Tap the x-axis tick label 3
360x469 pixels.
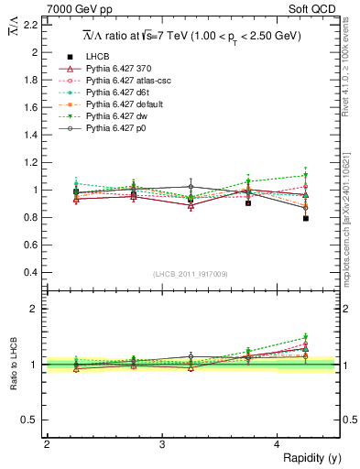point(162,444)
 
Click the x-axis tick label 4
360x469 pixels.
point(278,444)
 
